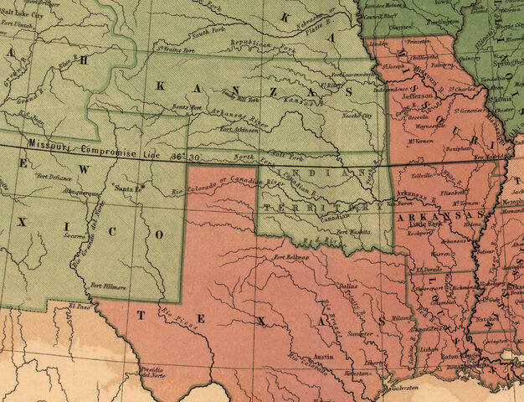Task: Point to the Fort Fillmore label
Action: (x=108, y=286)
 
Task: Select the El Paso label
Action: (x=80, y=307)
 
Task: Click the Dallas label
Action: (x=347, y=286)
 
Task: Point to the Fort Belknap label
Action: (x=290, y=258)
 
